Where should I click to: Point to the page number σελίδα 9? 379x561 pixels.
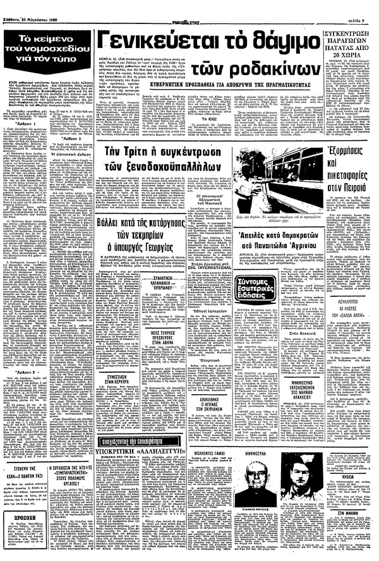tap(361, 6)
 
